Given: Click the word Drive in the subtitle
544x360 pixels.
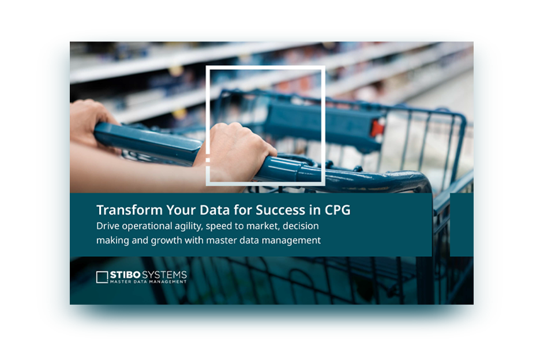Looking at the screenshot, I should [108, 226].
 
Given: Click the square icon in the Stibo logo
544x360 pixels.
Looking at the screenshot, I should [102, 277].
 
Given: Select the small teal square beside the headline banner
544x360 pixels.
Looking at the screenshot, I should [462, 224].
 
